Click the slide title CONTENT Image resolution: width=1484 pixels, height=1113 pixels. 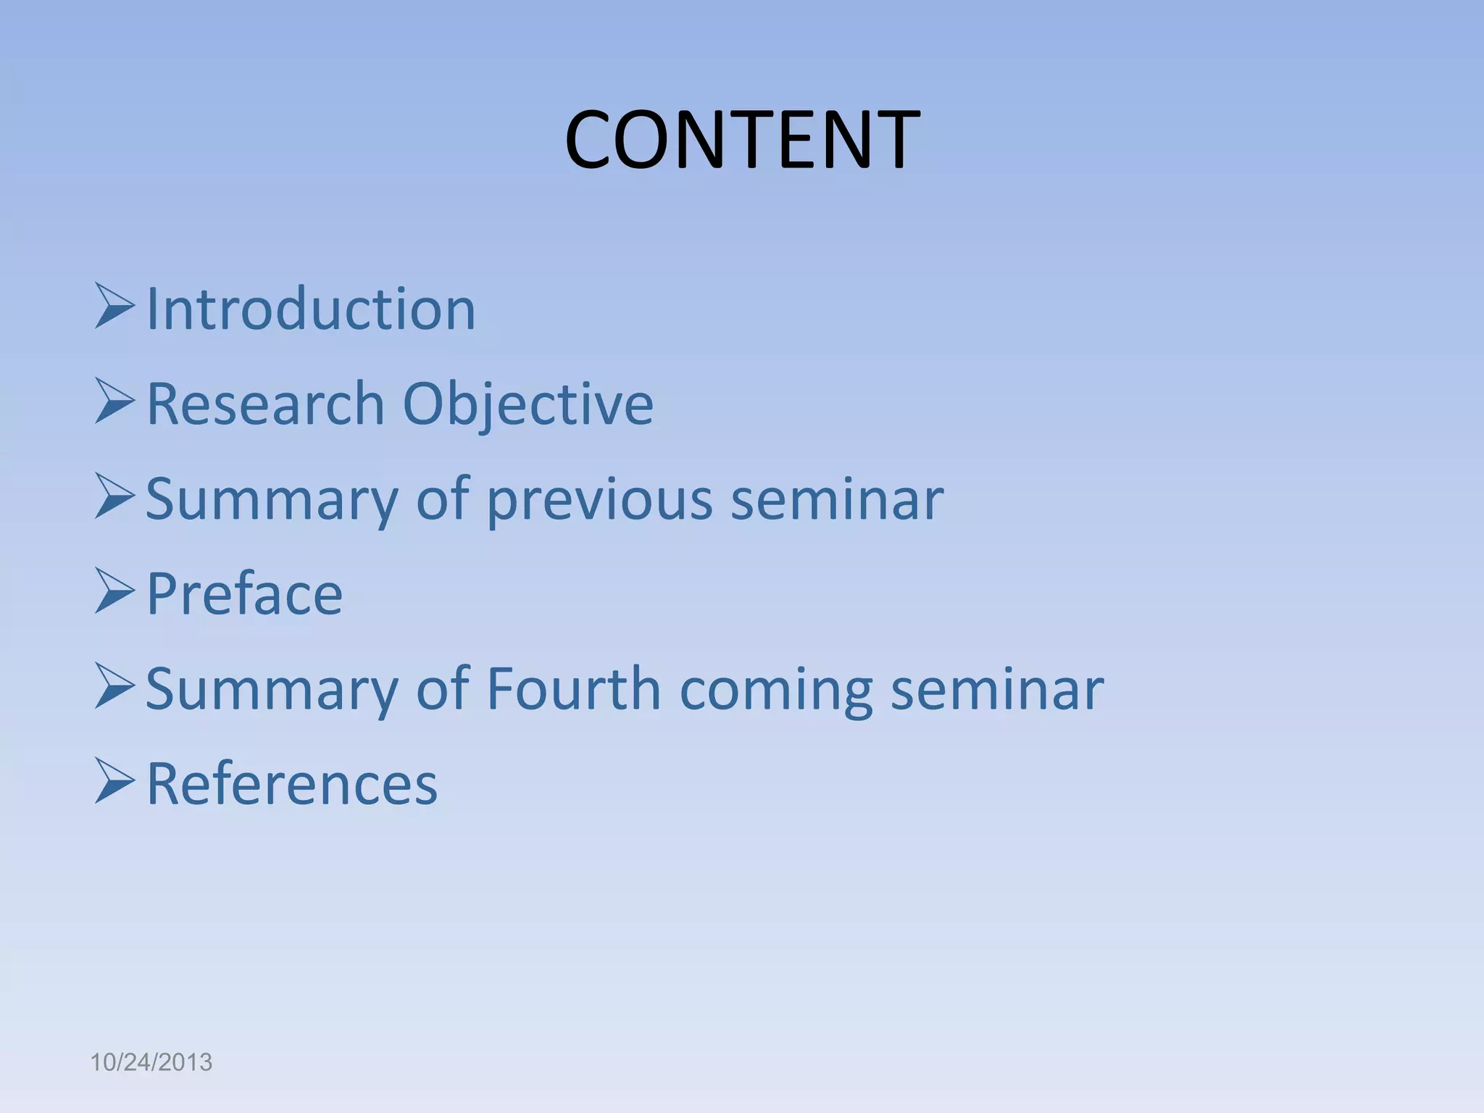pos(742,139)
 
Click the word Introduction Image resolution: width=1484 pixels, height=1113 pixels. pos(311,309)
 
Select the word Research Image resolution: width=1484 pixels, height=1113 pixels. pos(265,404)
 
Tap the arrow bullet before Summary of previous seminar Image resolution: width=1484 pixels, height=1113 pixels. pos(114,497)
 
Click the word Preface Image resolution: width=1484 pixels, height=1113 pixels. pos(244,594)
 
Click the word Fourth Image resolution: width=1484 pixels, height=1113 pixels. pos(573,688)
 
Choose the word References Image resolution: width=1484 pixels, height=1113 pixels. pos(292,784)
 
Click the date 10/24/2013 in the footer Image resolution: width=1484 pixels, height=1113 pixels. pos(151,1062)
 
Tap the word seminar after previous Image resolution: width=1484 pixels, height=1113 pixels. pos(837,500)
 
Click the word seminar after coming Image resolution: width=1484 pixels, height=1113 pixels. pos(997,690)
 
